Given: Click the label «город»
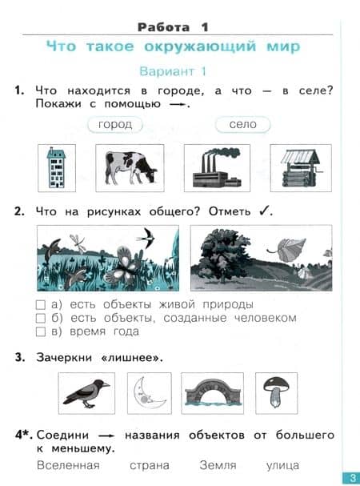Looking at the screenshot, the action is (x=115, y=125).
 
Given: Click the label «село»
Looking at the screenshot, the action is (x=243, y=125).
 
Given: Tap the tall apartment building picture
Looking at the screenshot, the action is (x=57, y=167).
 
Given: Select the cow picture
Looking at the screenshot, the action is (x=130, y=167).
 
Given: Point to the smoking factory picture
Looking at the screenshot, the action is (x=217, y=167).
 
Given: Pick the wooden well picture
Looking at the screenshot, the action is (x=301, y=167).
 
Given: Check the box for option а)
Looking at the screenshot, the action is (x=41, y=305).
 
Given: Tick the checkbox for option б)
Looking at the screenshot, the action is (x=41, y=319).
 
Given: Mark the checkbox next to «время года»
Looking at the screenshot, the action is (x=41, y=331).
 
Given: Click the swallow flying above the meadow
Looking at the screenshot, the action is (x=146, y=238).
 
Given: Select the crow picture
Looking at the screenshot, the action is (x=86, y=393).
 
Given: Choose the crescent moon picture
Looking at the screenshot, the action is (x=149, y=393).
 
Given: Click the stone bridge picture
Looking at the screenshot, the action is (x=212, y=393).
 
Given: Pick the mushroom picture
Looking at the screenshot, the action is (x=276, y=393).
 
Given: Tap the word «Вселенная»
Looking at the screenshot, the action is (x=68, y=465).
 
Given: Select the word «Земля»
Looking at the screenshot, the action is (x=218, y=465).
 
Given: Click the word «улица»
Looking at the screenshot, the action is (x=282, y=465).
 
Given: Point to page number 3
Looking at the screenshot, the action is (x=352, y=478).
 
